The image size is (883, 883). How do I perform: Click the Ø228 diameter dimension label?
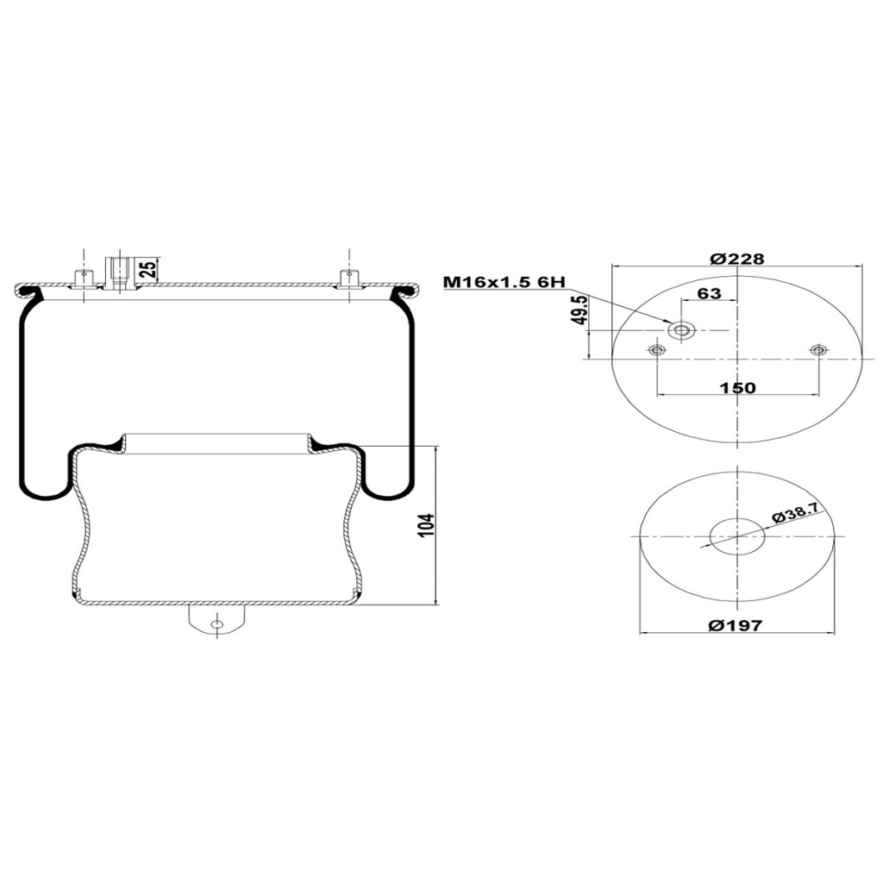point(737,259)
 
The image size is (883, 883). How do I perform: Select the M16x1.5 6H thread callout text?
point(504,282)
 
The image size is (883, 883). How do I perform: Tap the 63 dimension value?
point(709,293)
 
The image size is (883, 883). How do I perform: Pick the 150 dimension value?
point(737,387)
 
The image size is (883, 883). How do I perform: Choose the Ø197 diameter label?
point(736,624)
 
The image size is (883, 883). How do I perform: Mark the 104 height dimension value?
point(427,525)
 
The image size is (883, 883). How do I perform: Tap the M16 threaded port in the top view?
point(682,330)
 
